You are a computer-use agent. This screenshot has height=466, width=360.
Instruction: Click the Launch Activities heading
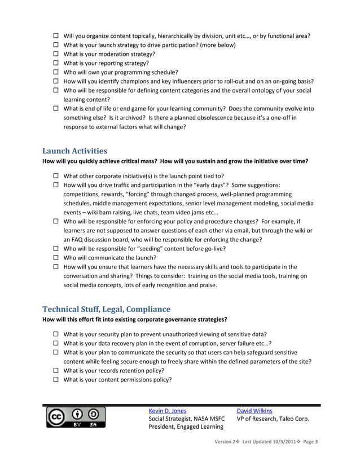pyautogui.click(x=74, y=151)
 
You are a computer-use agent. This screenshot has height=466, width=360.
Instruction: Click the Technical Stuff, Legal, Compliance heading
pyautogui.click(x=106, y=309)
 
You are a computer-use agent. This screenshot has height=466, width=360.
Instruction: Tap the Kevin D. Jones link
pyautogui.click(x=167, y=411)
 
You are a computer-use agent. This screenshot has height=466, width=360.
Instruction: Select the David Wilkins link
pyautogui.click(x=254, y=411)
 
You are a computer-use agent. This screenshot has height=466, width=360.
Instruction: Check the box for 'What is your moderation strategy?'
pyautogui.click(x=56, y=54)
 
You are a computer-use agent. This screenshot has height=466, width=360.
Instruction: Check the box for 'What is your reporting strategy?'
pyautogui.click(x=56, y=63)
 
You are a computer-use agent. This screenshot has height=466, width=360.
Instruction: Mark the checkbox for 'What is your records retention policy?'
pyautogui.click(x=56, y=371)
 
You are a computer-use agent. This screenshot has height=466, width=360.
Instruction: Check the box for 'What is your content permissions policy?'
pyautogui.click(x=56, y=380)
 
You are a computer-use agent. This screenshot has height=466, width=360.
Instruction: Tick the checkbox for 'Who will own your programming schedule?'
pyautogui.click(x=56, y=72)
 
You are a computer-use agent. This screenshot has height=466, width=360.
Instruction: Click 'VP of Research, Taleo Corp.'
pyautogui.click(x=273, y=419)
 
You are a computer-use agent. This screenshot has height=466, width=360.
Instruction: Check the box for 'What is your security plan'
pyautogui.click(x=56, y=335)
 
